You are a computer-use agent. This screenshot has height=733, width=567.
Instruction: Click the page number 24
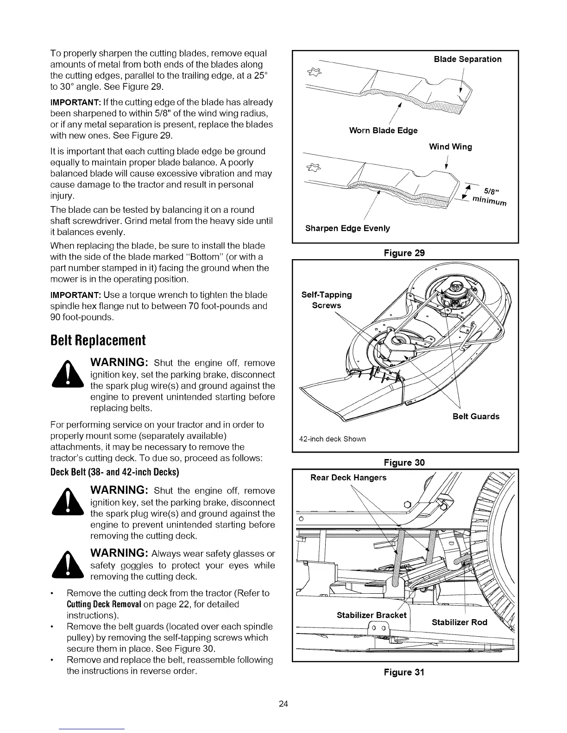click(x=283, y=704)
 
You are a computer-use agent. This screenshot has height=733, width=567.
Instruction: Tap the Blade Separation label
click(x=467, y=59)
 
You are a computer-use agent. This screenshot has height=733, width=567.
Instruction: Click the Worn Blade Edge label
click(x=383, y=130)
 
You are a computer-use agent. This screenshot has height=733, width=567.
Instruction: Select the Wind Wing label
click(x=450, y=147)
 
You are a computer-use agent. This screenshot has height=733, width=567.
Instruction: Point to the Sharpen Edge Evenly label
click(x=347, y=228)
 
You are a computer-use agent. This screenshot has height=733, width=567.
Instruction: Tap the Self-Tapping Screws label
click(x=327, y=300)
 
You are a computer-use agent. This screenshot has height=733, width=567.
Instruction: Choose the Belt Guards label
click(x=476, y=416)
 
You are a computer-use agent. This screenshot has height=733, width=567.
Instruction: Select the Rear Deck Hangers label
click(x=348, y=478)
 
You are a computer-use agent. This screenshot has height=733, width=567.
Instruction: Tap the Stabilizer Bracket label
click(x=372, y=615)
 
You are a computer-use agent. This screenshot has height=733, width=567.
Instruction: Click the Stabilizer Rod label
click(x=460, y=622)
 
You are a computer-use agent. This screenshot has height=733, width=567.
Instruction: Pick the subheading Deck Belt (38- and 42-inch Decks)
click(x=114, y=472)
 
